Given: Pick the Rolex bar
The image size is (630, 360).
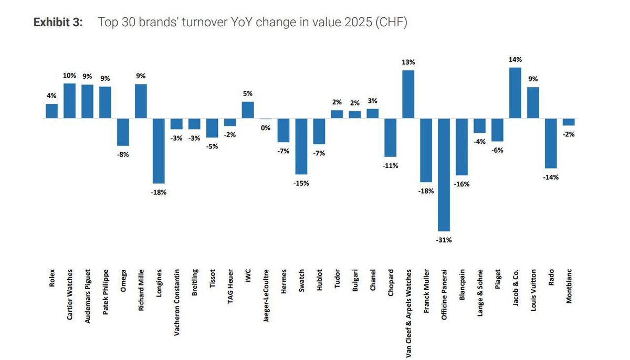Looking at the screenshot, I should tap(51, 111).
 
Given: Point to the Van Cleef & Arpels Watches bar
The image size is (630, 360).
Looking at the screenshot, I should tap(408, 94).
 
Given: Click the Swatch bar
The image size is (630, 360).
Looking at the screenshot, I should tap(301, 146).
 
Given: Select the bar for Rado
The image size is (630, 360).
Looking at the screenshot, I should tap(551, 143).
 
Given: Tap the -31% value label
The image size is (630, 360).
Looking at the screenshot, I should tap(444, 240).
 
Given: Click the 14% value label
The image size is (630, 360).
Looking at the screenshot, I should tap(515, 60).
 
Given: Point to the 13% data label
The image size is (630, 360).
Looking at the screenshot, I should tap(408, 62).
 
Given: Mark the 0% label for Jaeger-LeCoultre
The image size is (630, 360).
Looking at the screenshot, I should tap(266, 128).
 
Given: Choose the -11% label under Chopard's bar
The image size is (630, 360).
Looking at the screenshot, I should tap(391, 166).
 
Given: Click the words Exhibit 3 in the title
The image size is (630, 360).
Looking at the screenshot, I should tap(58, 23).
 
